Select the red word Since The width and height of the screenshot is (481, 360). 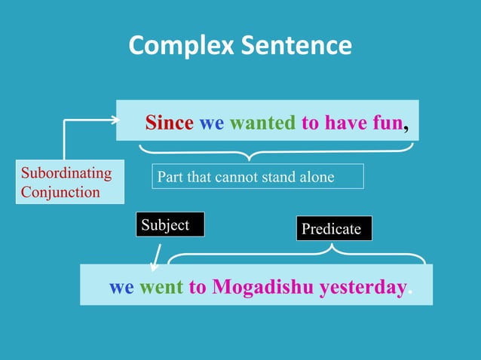169,123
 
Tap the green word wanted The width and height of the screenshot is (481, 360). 262,123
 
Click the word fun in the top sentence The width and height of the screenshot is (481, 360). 387,123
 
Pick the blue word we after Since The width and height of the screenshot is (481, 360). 211,123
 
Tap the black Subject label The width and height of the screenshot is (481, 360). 170,225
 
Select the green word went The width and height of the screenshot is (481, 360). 161,287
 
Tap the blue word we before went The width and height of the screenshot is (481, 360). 122,287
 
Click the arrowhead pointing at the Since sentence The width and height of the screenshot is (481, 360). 115,119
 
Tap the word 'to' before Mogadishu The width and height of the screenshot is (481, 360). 198,287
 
